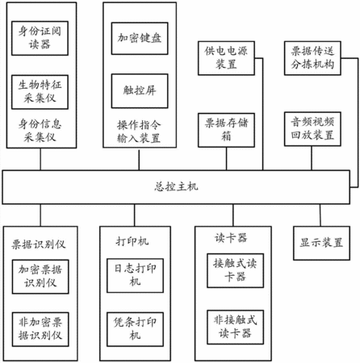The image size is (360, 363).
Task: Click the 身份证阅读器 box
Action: (x=40, y=38)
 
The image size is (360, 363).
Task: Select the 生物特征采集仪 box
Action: (x=40, y=92)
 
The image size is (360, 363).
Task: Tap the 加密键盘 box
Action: (x=140, y=39)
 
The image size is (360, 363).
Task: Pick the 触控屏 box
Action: (x=140, y=91)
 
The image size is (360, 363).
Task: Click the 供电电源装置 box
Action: (x=226, y=58)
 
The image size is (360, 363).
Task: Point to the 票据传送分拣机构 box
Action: (x=312, y=58)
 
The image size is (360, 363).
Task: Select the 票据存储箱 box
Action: (x=226, y=130)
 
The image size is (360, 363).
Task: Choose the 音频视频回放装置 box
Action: (x=312, y=129)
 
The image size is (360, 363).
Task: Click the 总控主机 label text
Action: (x=176, y=186)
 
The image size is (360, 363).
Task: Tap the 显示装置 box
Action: (x=321, y=243)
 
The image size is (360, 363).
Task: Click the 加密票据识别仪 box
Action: (x=40, y=277)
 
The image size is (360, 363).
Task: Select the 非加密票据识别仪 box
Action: (x=40, y=329)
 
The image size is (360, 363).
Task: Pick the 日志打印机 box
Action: (x=135, y=276)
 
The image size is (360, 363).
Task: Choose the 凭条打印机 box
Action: (x=135, y=329)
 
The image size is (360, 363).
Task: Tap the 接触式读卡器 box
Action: (x=235, y=270)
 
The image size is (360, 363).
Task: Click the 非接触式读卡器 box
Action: (x=235, y=328)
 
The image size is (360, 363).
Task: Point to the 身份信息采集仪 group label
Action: (x=40, y=131)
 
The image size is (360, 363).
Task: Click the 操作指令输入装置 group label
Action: (x=139, y=131)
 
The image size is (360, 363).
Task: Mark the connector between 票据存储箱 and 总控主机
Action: (x=226, y=159)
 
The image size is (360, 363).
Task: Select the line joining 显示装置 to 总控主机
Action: (x=320, y=215)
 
